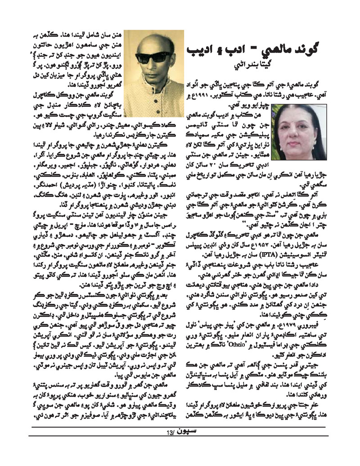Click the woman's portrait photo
(x=301, y=132)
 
